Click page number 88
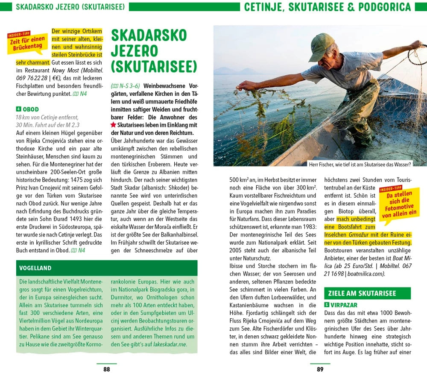[x=107, y=369]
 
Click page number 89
[x=320, y=369]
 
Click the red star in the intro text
[x=113, y=125]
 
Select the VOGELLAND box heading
[x=35, y=268]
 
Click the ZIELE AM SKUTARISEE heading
[x=362, y=293]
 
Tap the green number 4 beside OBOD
[x=18, y=109]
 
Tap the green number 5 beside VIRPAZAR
[x=327, y=305]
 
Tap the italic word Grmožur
[x=360, y=235]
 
